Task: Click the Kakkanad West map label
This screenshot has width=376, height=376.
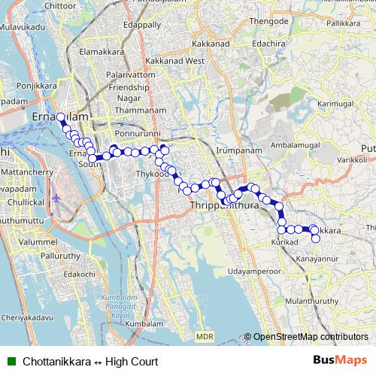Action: point(176,60)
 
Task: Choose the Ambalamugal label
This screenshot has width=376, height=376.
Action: point(295,144)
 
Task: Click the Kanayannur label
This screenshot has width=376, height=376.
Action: point(317,259)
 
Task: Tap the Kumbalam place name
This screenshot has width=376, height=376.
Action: point(143,323)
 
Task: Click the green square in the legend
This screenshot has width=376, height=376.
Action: point(11,361)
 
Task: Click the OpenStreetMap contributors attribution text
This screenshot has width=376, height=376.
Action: point(310,337)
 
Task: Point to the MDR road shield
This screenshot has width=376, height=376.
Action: point(205,337)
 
